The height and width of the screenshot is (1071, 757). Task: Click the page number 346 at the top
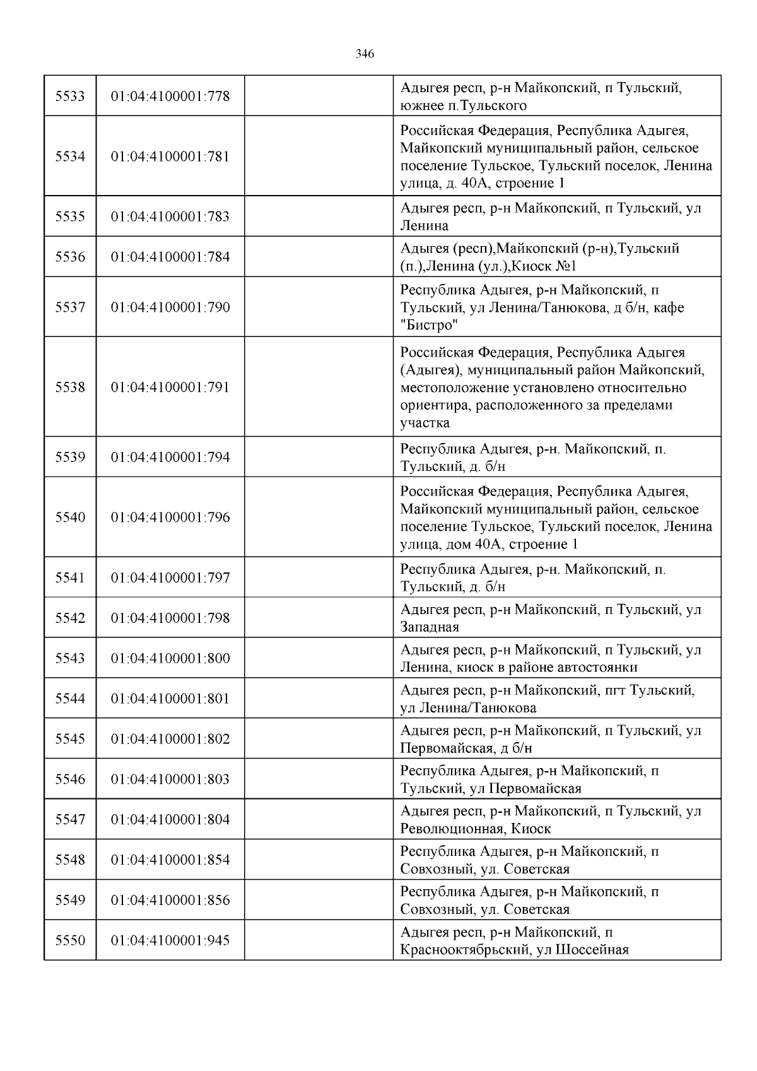click(365, 54)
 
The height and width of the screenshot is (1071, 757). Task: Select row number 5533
click(70, 97)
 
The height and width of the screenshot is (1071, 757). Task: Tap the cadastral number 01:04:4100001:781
click(170, 157)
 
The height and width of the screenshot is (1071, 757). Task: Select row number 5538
click(70, 388)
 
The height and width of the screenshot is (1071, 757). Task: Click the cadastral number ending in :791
click(170, 388)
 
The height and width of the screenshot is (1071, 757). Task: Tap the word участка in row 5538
click(425, 423)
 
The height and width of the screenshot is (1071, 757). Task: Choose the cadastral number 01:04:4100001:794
click(170, 457)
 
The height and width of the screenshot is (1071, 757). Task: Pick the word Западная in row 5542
click(430, 627)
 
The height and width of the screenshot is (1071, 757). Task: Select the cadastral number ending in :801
click(170, 699)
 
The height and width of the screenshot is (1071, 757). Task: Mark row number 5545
click(70, 739)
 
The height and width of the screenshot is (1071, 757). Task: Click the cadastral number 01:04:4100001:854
click(170, 860)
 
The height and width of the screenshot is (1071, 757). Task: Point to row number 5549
click(70, 900)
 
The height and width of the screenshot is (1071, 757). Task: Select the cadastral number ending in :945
click(170, 940)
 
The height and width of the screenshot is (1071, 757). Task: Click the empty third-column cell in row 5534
click(319, 157)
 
